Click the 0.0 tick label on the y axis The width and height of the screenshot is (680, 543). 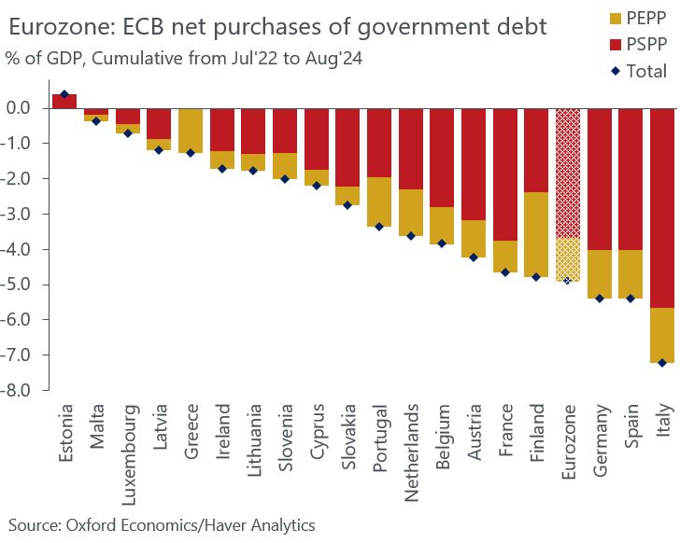(x=25, y=108)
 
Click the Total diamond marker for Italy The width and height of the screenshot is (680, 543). (x=662, y=363)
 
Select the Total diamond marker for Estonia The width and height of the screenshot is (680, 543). (x=64, y=94)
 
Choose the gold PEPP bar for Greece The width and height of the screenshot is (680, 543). (x=191, y=131)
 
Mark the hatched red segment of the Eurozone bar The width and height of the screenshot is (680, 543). (x=567, y=173)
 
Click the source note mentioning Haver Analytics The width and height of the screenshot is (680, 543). (x=162, y=525)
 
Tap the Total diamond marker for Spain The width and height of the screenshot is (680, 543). (x=630, y=299)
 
